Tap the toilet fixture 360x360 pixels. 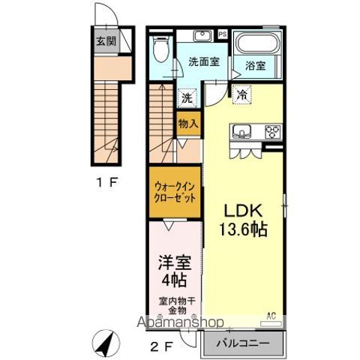pyautogui.click(x=157, y=51)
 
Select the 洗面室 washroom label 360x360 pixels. pyautogui.click(x=203, y=62)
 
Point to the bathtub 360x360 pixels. pyautogui.click(x=256, y=43)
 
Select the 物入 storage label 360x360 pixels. pyautogui.click(x=187, y=124)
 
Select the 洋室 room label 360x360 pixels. pyautogui.click(x=173, y=263)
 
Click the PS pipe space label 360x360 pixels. pyautogui.click(x=222, y=34)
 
